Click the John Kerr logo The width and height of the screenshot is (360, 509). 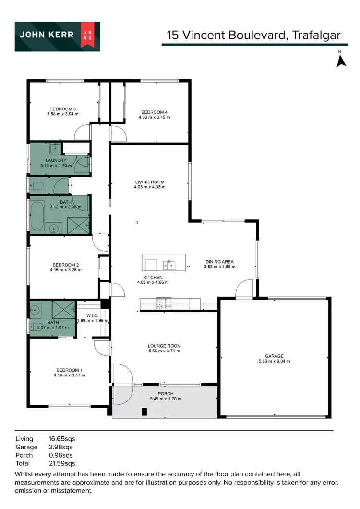pos(57,36)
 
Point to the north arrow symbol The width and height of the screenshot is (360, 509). pos(341,61)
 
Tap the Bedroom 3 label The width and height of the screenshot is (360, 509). pos(62,109)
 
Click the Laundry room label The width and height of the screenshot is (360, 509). pos(56,160)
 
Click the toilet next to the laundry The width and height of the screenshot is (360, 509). pos(37,185)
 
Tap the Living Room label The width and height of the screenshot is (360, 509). pos(149,182)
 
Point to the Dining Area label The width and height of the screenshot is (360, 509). pos(219,262)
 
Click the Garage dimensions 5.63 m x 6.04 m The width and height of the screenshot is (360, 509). pos(275,361)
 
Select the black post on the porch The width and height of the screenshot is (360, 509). pos(144,412)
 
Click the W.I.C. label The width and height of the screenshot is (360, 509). pos(92,315)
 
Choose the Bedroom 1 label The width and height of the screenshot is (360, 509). pos(69,370)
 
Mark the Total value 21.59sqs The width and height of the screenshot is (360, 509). pos(62,463)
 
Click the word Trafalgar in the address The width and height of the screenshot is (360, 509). pos(317,35)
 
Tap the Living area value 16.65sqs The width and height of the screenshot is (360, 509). pos(62,439)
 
